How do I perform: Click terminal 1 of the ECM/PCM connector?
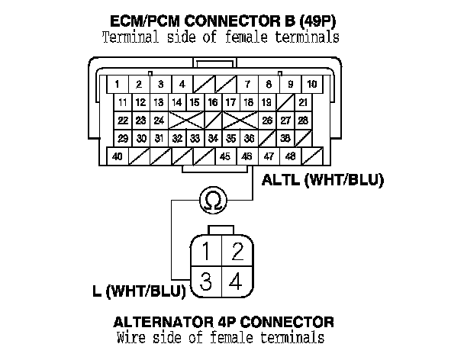point(117,83)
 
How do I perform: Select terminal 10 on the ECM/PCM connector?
point(313,83)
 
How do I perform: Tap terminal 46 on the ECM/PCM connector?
point(246,156)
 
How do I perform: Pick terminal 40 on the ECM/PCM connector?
point(118,156)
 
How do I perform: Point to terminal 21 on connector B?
point(304,101)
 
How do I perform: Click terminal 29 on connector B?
point(123,138)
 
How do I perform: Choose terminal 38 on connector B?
point(285,138)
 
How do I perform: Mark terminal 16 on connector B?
point(213,101)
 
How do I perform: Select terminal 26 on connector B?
point(267,120)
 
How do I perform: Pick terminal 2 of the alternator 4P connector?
point(237,250)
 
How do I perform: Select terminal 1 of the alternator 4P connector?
point(206,250)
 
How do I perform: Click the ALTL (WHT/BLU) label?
point(321,181)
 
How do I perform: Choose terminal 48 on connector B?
point(291,156)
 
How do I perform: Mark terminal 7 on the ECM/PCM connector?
point(247,83)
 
